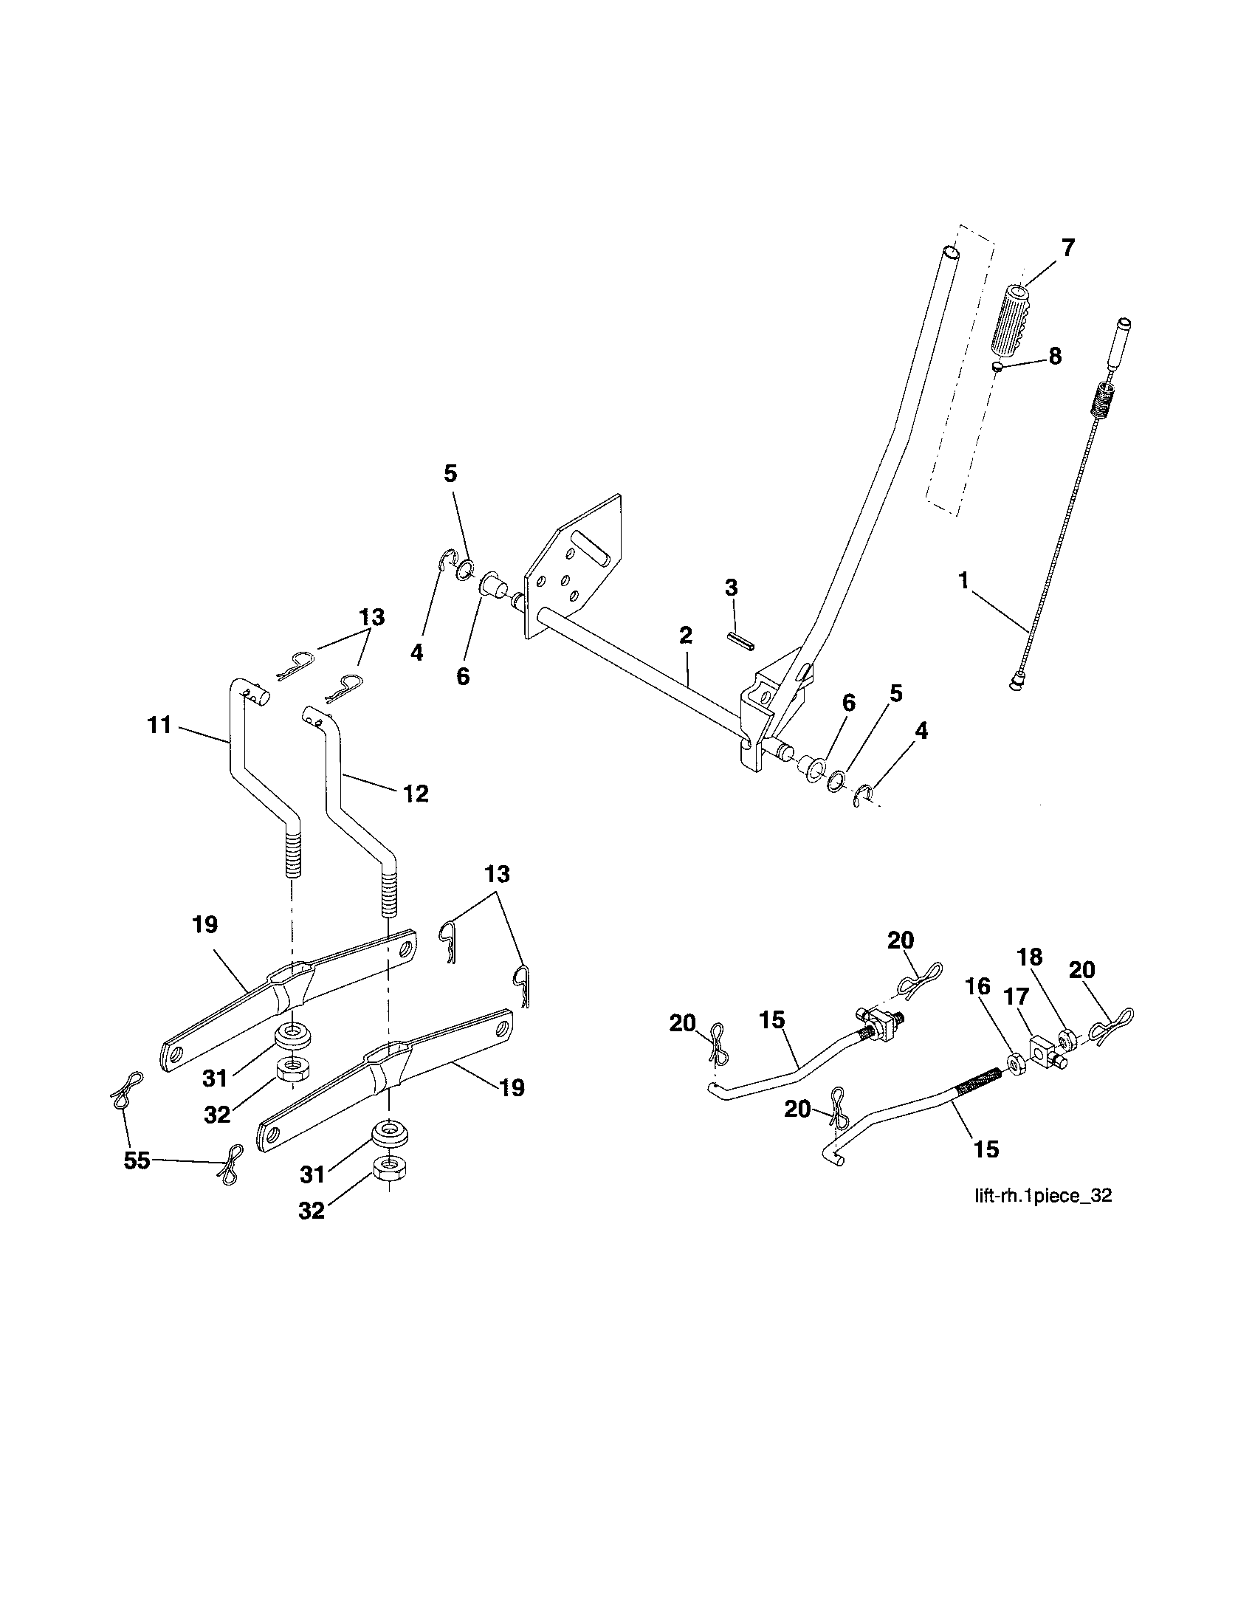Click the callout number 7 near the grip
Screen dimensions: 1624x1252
[1067, 248]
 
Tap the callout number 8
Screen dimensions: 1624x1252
[1054, 357]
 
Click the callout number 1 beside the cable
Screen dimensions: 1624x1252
[963, 581]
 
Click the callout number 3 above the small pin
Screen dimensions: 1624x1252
[732, 588]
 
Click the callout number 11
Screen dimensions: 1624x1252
[160, 724]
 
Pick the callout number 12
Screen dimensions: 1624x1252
[416, 794]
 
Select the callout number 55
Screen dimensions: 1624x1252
[137, 1160]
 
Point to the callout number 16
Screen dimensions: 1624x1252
[978, 987]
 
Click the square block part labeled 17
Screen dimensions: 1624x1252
[1043, 1050]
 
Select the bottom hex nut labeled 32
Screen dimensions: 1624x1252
[388, 1170]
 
